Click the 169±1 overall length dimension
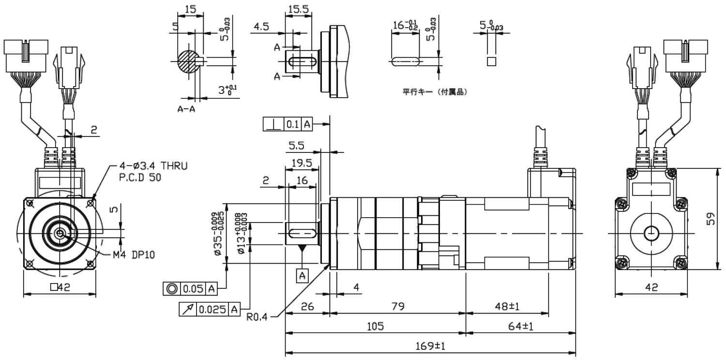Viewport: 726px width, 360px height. click(x=430, y=346)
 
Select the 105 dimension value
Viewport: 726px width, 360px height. click(x=375, y=326)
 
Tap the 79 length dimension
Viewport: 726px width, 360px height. click(x=398, y=306)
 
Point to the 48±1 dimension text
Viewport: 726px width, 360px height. click(x=507, y=306)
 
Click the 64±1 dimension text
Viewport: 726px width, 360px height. click(x=520, y=326)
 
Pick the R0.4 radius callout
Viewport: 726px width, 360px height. click(x=257, y=317)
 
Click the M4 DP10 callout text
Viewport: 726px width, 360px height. click(x=134, y=255)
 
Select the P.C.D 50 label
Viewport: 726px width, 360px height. click(x=140, y=178)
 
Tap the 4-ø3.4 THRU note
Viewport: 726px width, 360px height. click(x=153, y=166)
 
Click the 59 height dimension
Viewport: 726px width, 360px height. click(x=710, y=219)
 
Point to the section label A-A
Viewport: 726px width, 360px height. click(x=186, y=109)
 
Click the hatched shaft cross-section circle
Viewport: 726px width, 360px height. click(x=188, y=61)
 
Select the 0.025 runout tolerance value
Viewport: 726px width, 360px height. click(x=212, y=310)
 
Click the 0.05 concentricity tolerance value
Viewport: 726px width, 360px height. click(x=193, y=289)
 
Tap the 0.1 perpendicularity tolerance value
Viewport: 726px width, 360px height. click(x=293, y=124)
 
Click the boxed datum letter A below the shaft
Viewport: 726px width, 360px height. click(x=302, y=276)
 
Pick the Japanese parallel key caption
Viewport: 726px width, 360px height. click(x=435, y=92)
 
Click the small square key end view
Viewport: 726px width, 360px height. click(x=491, y=61)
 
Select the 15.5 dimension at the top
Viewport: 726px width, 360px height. click(x=299, y=9)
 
